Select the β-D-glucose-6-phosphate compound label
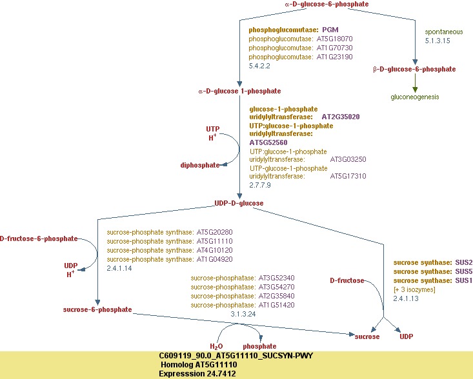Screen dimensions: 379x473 [414, 69]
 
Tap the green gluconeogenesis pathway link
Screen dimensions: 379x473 [414, 97]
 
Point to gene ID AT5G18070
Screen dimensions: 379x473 [335, 39]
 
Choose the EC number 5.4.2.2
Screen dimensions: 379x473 [259, 66]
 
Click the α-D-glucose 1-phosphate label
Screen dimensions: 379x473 [230, 91]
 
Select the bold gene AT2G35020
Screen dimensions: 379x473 [340, 117]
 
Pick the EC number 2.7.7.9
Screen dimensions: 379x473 [259, 185]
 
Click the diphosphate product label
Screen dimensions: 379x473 [199, 165]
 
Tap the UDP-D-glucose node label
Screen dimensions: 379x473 [239, 203]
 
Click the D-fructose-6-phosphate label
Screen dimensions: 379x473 [39, 238]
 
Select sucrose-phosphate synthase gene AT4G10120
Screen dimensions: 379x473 [214, 250]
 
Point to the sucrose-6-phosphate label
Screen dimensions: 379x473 [97, 309]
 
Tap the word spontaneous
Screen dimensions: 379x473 [444, 32]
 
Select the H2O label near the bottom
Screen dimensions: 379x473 [216, 346]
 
